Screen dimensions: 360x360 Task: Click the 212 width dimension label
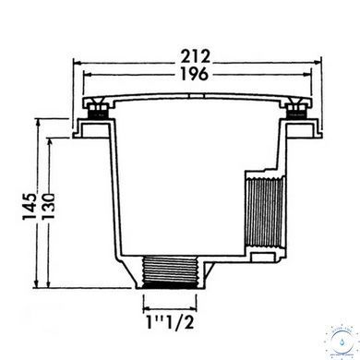pos(196,56)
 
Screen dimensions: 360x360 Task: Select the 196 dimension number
pos(196,74)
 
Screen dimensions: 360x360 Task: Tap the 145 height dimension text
pos(30,206)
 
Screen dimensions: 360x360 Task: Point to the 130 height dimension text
pos(48,206)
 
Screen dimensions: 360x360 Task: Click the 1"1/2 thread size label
pos(170,322)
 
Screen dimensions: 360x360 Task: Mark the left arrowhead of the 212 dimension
pos(77,63)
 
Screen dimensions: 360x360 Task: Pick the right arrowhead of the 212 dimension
pos(318,63)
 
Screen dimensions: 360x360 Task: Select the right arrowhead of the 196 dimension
pos(307,74)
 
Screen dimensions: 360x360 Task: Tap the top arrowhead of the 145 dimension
pos(38,123)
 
